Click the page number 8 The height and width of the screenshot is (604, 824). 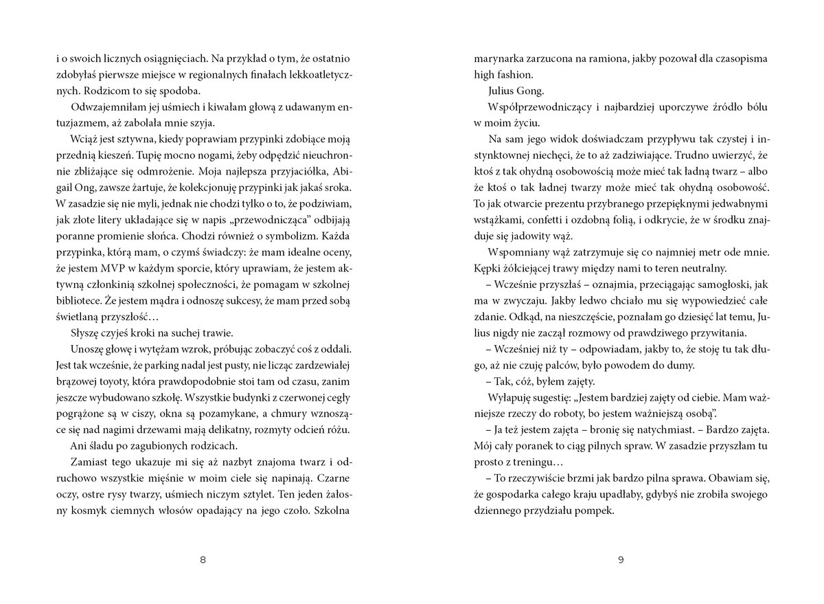202,560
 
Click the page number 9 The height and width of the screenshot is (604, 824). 621,560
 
